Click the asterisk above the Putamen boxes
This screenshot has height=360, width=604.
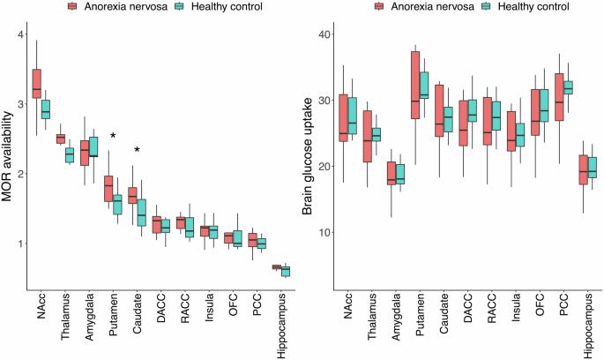[113, 136]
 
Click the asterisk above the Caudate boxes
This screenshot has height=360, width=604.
[137, 150]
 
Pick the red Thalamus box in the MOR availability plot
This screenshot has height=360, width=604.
[60, 139]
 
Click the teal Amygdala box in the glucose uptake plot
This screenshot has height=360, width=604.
[375, 174]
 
